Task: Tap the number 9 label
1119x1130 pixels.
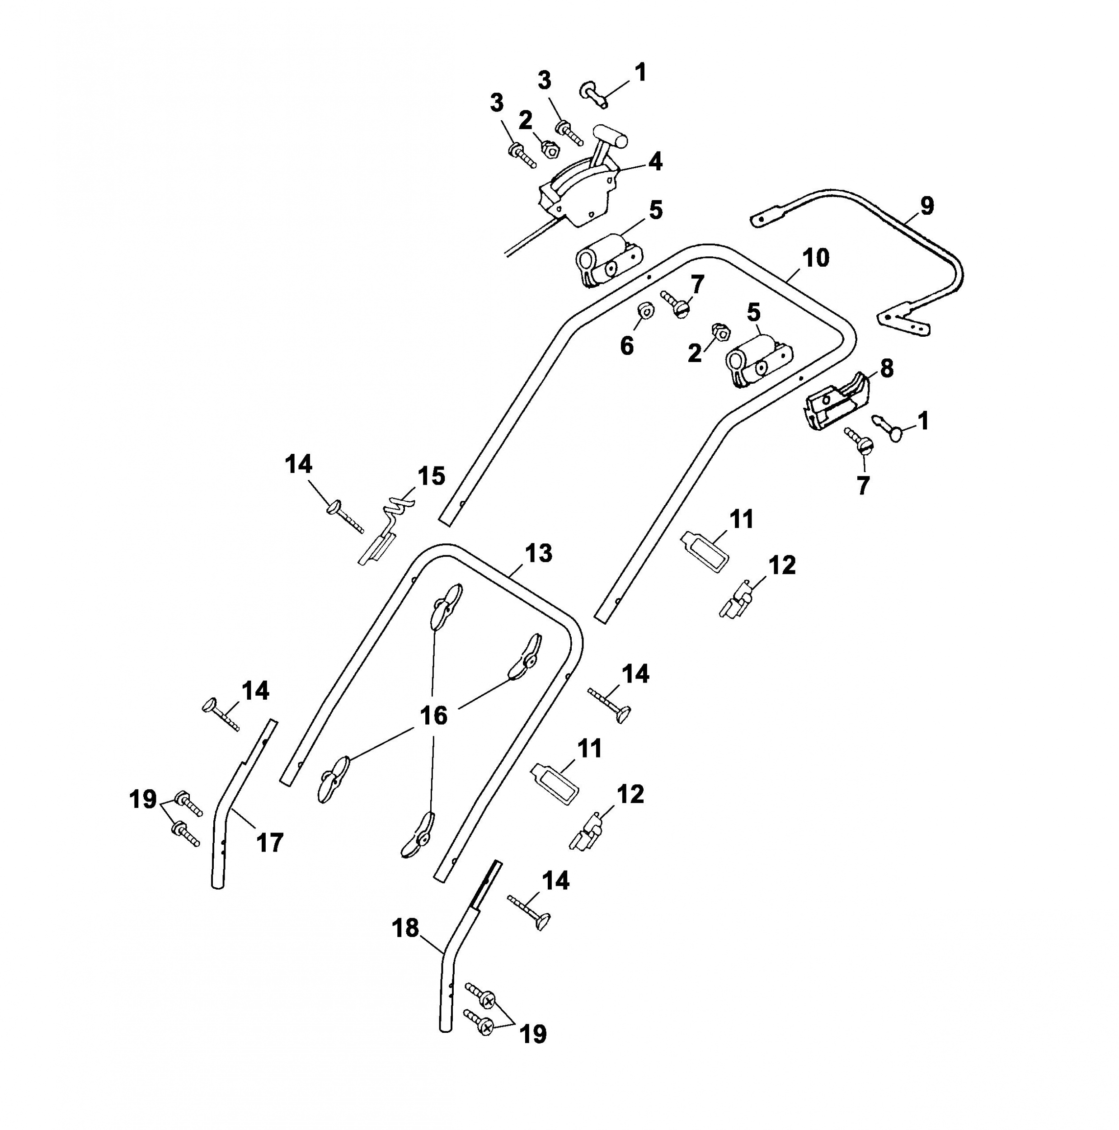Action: click(926, 206)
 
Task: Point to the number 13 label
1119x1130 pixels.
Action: click(538, 553)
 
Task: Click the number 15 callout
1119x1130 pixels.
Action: click(431, 476)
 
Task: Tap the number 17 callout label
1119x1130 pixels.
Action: click(270, 843)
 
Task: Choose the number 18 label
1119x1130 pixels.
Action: click(405, 928)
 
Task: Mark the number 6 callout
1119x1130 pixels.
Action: click(626, 346)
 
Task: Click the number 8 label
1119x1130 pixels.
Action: click(887, 368)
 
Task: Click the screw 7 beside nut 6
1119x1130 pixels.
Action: click(676, 304)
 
